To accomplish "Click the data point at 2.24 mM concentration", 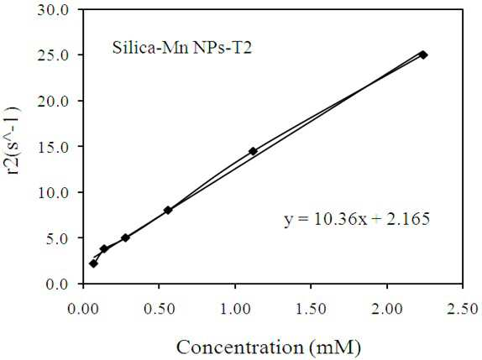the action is (x=423, y=55).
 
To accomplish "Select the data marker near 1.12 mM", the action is (x=253, y=151).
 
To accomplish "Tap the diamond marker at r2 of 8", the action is (x=168, y=210).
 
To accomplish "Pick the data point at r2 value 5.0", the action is (x=125, y=237).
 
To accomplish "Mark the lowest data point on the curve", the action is (x=93, y=263).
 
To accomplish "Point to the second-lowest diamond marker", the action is (x=104, y=248).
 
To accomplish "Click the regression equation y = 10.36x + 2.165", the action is (x=357, y=219).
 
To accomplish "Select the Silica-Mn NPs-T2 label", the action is (x=182, y=48).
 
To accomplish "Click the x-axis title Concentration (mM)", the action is (x=269, y=347).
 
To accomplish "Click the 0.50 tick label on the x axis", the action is (x=160, y=309).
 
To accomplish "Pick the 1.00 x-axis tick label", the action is (x=235, y=309).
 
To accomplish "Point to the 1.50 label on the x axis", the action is (x=311, y=309).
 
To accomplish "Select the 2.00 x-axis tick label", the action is (x=387, y=309).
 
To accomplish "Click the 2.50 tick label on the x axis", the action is (x=463, y=309).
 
